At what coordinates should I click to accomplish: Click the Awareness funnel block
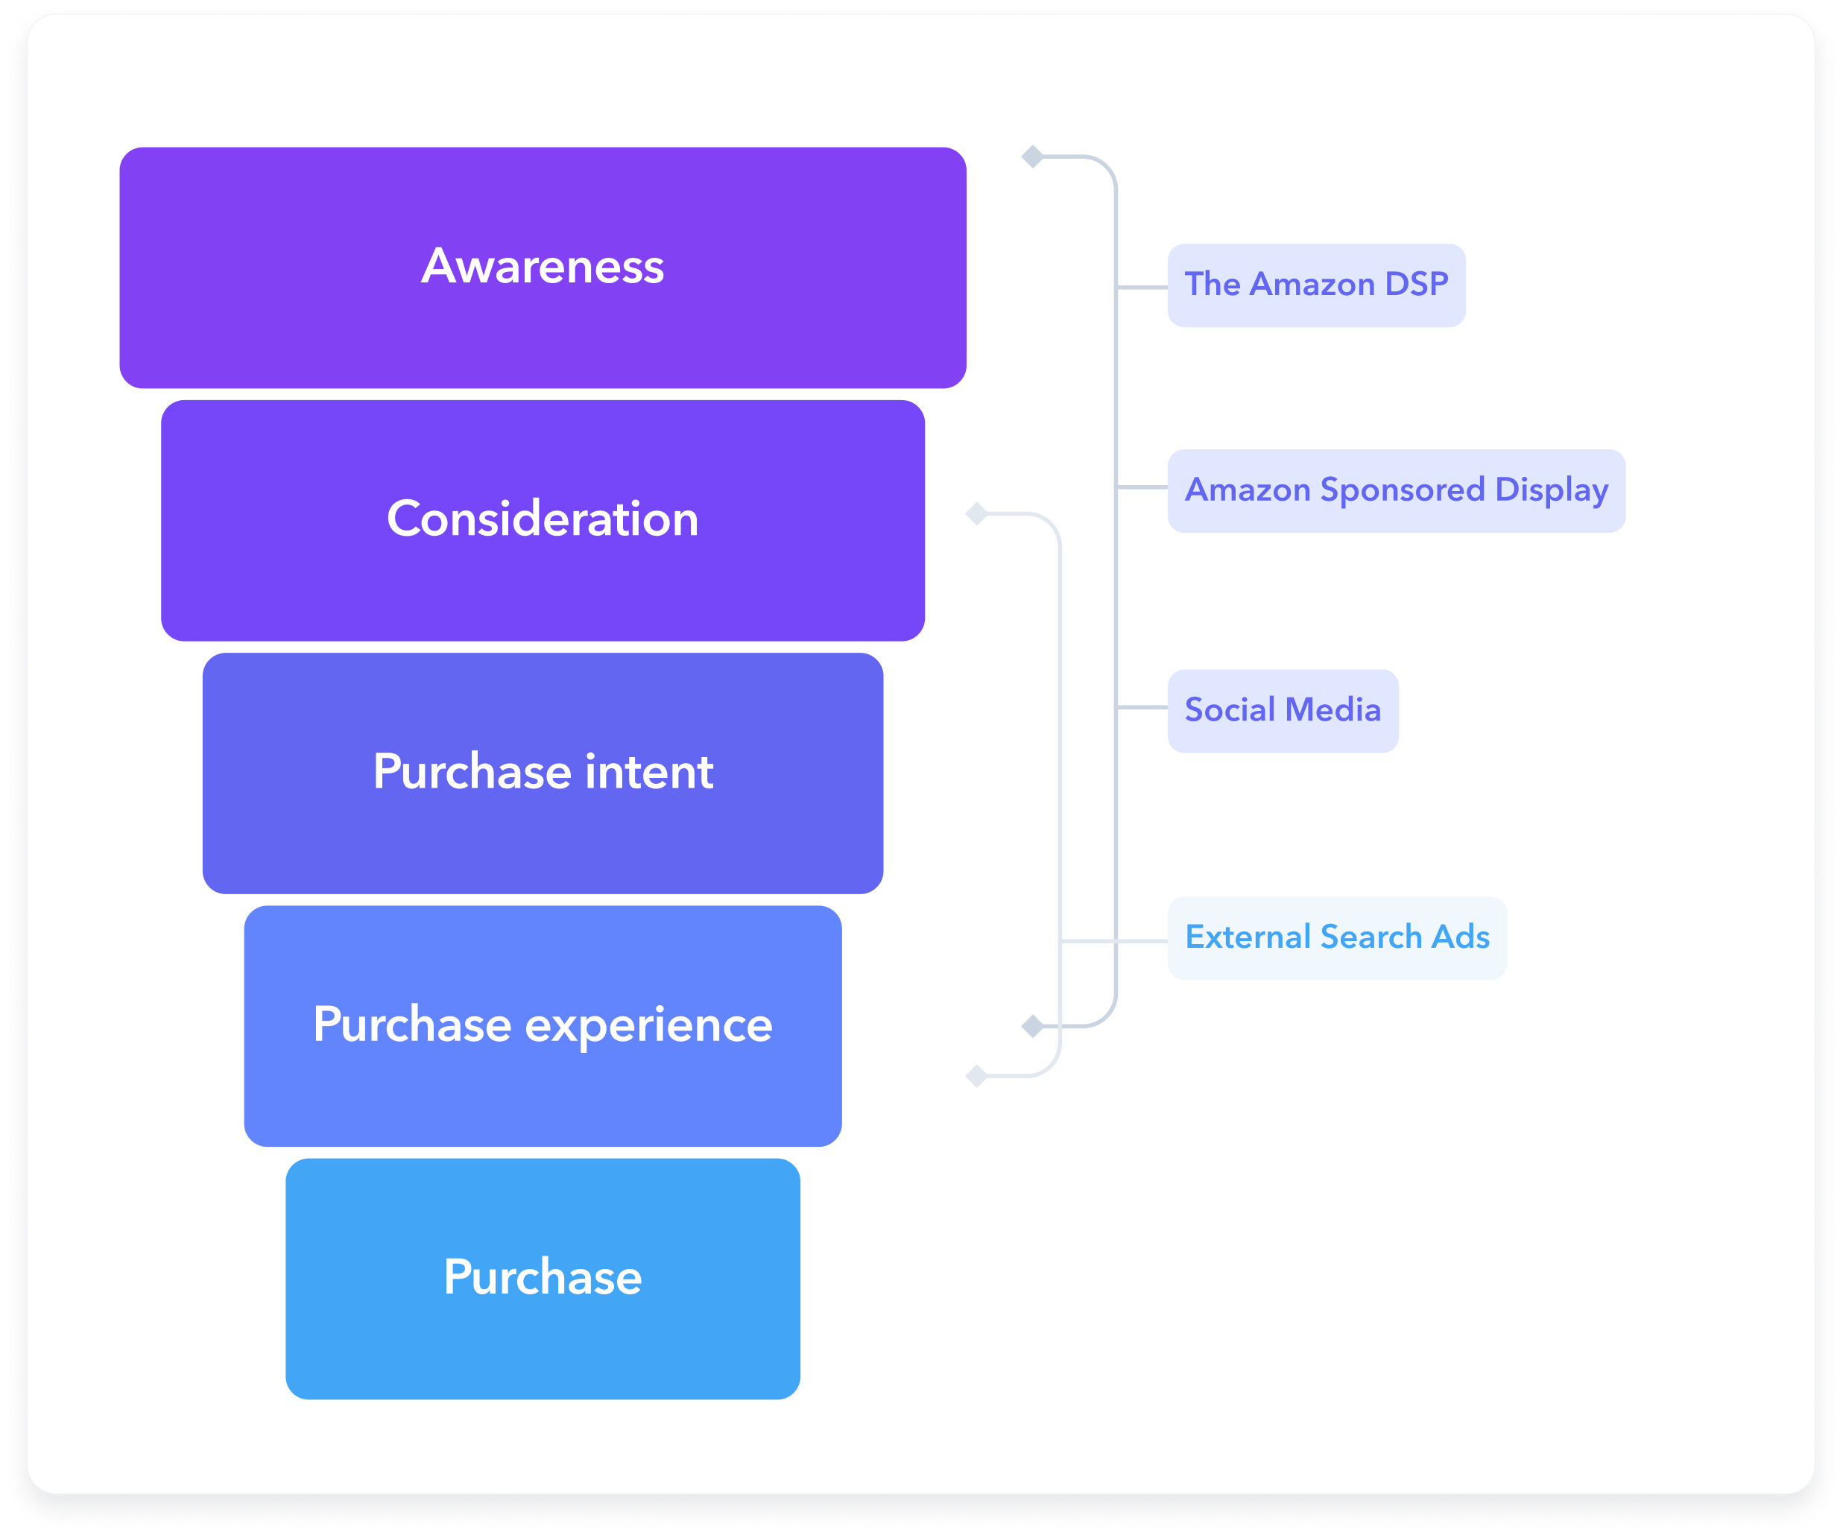point(543,267)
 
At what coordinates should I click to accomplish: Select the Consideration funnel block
point(543,519)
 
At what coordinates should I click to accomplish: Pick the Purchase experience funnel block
point(543,1025)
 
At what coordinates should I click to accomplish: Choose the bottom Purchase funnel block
point(543,1278)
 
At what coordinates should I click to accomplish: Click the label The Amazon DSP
point(1315,285)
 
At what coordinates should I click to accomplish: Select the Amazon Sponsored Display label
point(1395,490)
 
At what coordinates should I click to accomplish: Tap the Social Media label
point(1283,710)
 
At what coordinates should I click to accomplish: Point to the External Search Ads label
point(1337,937)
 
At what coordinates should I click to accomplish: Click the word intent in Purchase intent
point(648,772)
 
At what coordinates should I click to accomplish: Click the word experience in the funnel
point(648,1025)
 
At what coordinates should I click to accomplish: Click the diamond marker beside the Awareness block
point(1033,157)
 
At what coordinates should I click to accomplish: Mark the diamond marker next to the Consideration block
point(977,513)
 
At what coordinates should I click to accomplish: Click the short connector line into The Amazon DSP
point(1142,287)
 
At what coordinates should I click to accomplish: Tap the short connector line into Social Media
point(1142,707)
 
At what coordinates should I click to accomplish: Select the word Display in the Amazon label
point(1551,490)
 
